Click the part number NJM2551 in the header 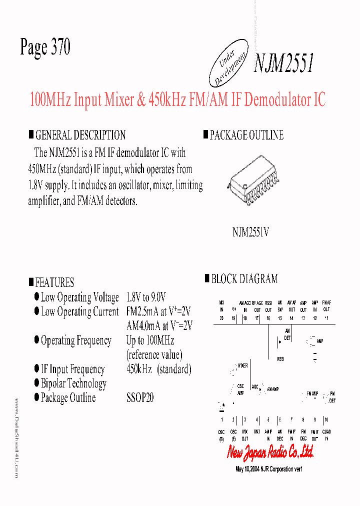pyautogui.click(x=283, y=63)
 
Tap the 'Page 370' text pyautogui.click(x=45, y=47)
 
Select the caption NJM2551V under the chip pyautogui.click(x=250, y=232)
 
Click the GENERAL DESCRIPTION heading pyautogui.click(x=80, y=135)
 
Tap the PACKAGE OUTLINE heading pyautogui.click(x=246, y=135)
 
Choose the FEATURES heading pyautogui.click(x=54, y=282)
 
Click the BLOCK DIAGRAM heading pyautogui.click(x=244, y=279)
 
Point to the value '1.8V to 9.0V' pyautogui.click(x=146, y=297)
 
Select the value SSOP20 pyautogui.click(x=140, y=398)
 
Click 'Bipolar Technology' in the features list pyautogui.click(x=73, y=384)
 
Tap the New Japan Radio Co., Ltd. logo pyautogui.click(x=270, y=452)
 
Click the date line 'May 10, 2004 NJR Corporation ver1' pyautogui.click(x=269, y=469)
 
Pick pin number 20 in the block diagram pyautogui.click(x=221, y=318)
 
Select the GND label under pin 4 pyautogui.click(x=256, y=431)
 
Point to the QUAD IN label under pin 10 pyautogui.click(x=327, y=434)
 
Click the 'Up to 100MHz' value pyautogui.click(x=150, y=340)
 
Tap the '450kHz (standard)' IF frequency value pyautogui.click(x=159, y=369)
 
